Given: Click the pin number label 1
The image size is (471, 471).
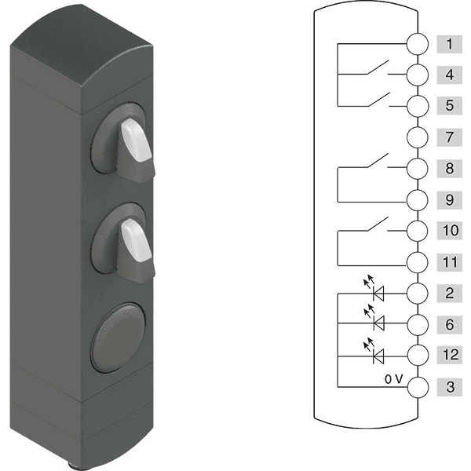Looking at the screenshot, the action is (449, 44).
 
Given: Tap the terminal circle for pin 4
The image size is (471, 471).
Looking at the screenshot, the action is (418, 75).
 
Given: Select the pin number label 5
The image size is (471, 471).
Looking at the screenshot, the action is (449, 105).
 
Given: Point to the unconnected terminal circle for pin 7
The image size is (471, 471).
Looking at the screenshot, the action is (418, 137).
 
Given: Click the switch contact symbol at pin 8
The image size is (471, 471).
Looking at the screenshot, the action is (378, 160).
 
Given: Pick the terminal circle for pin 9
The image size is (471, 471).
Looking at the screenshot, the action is (418, 200).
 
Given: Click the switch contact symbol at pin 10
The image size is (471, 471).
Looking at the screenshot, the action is (378, 224).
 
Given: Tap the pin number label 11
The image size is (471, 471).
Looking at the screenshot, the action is (449, 262).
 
